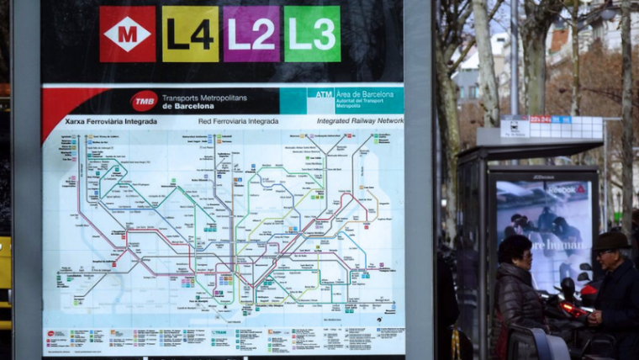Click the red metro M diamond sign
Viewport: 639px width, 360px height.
[x=127, y=34]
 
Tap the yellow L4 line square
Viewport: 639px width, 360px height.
[x=190, y=34]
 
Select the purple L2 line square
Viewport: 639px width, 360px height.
[x=251, y=34]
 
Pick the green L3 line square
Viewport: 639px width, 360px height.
[x=312, y=34]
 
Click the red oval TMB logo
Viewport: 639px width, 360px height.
[x=144, y=101]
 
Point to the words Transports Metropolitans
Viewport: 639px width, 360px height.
[x=200, y=98]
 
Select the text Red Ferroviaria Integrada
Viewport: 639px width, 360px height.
[x=238, y=121]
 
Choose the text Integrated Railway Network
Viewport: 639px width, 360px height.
[x=360, y=121]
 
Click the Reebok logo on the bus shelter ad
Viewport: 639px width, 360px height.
[x=568, y=188]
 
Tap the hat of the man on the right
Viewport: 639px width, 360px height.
[x=611, y=241]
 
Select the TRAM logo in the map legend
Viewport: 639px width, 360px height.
[x=219, y=333]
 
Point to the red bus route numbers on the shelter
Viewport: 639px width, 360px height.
[x=541, y=119]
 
